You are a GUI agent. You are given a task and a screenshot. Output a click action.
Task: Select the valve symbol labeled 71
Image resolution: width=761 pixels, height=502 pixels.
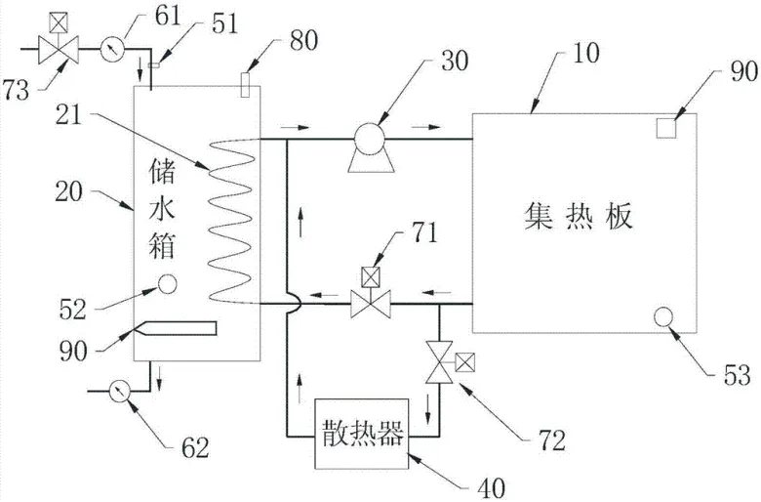click(x=370, y=305)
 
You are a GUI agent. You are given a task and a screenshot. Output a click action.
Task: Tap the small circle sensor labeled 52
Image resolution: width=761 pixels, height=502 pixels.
click(x=167, y=284)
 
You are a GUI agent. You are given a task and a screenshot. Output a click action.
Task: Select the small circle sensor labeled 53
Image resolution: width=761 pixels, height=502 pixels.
click(x=664, y=315)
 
